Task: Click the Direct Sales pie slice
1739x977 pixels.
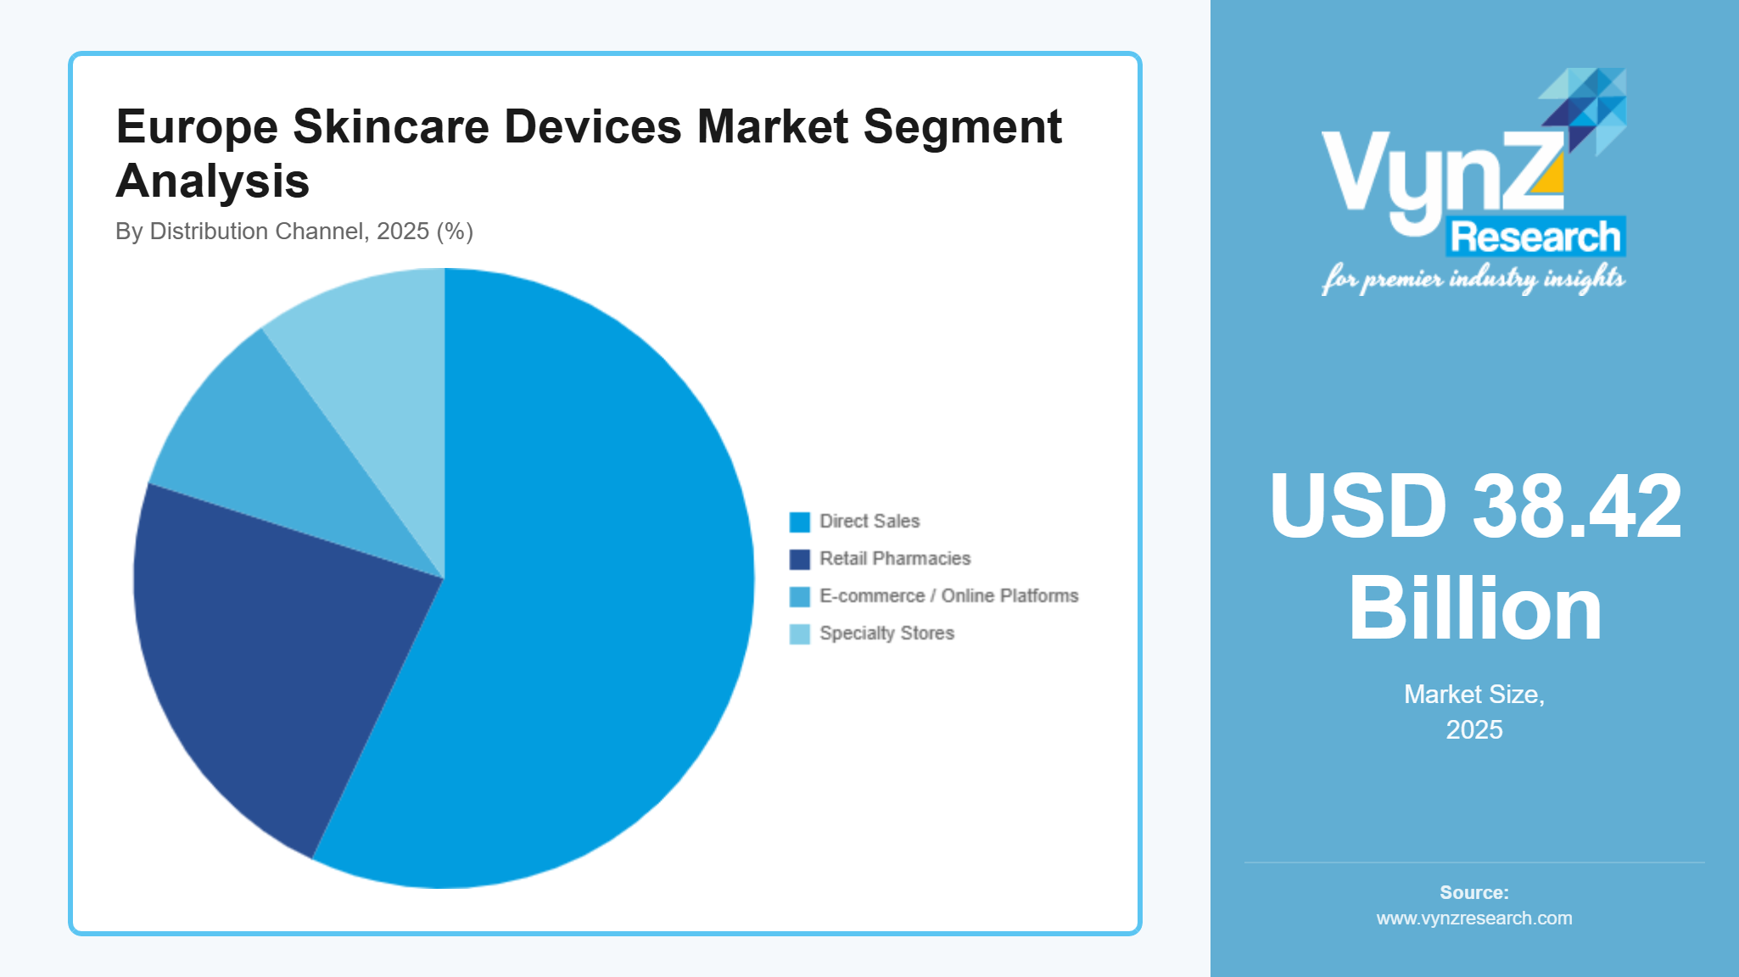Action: pyautogui.click(x=585, y=594)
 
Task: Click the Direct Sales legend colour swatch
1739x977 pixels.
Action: pyautogui.click(x=799, y=522)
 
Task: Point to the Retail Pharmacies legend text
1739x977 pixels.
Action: pyautogui.click(x=894, y=559)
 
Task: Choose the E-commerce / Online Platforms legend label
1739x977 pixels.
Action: pyautogui.click(x=948, y=596)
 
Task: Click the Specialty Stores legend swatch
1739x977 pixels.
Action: pyautogui.click(x=799, y=634)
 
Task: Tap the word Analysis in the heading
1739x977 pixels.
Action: pyautogui.click(x=212, y=181)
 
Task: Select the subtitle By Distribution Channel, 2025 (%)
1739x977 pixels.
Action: pyautogui.click(x=294, y=232)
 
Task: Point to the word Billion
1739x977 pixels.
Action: pyautogui.click(x=1474, y=609)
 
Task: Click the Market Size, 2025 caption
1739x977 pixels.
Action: pyautogui.click(x=1474, y=712)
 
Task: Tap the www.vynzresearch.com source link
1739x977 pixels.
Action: pyautogui.click(x=1474, y=918)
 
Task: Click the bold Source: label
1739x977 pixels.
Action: pyautogui.click(x=1474, y=892)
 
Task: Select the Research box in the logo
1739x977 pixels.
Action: pyautogui.click(x=1535, y=237)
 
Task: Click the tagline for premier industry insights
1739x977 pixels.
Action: pyautogui.click(x=1473, y=278)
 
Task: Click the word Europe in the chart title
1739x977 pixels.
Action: pyautogui.click(x=197, y=127)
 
